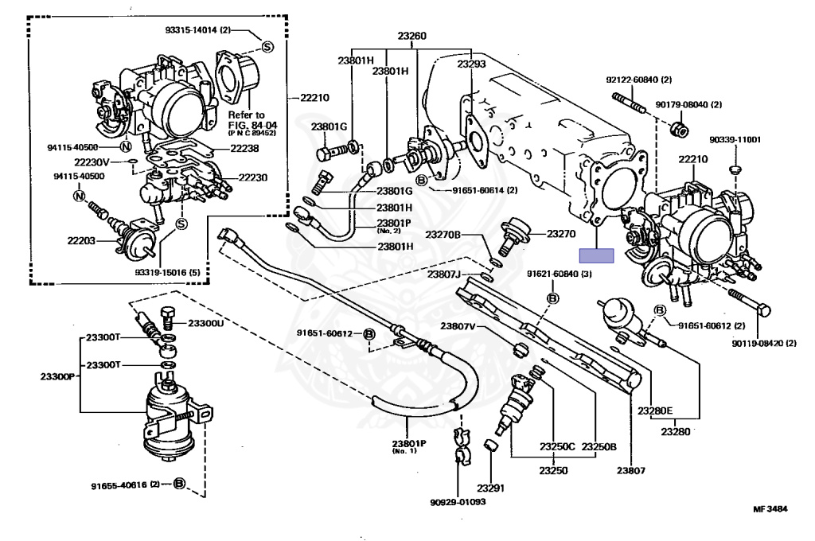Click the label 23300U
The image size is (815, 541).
pyautogui.click(x=206, y=324)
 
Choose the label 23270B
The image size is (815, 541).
pyautogui.click(x=444, y=235)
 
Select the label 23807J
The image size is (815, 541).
pyautogui.click(x=444, y=274)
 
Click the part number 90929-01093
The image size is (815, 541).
pyautogui.click(x=458, y=502)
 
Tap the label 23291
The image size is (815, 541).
pyautogui.click(x=492, y=488)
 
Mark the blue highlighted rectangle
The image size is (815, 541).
pyautogui.click(x=597, y=255)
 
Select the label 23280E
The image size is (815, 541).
pyautogui.click(x=655, y=411)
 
